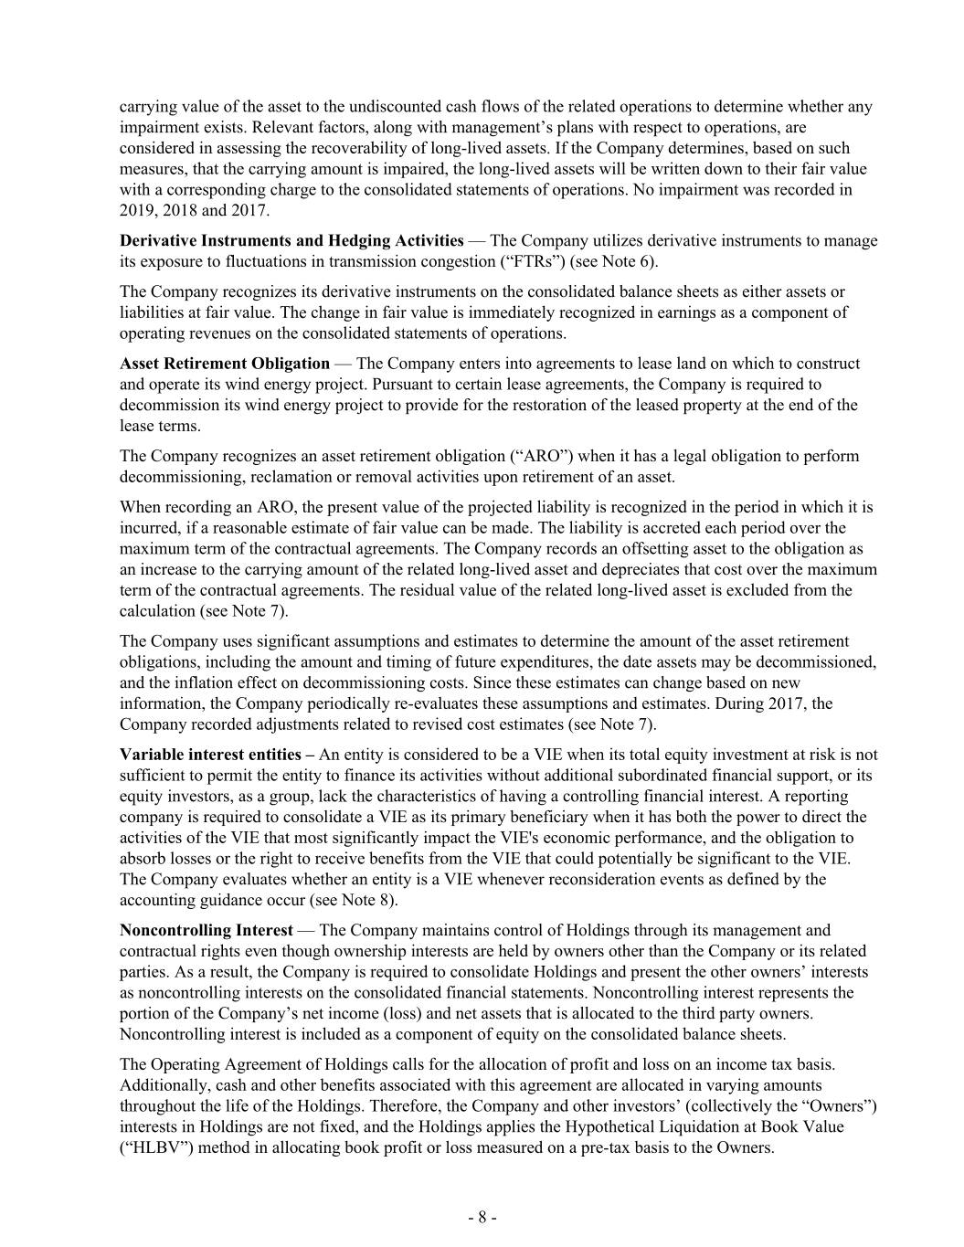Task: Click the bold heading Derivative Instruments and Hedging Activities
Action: [291, 240]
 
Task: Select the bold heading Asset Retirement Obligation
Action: [225, 363]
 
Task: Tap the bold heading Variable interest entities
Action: [210, 754]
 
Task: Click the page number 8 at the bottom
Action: [482, 1217]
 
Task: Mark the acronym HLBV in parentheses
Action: [152, 1147]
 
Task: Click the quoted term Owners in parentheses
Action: [838, 1105]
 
